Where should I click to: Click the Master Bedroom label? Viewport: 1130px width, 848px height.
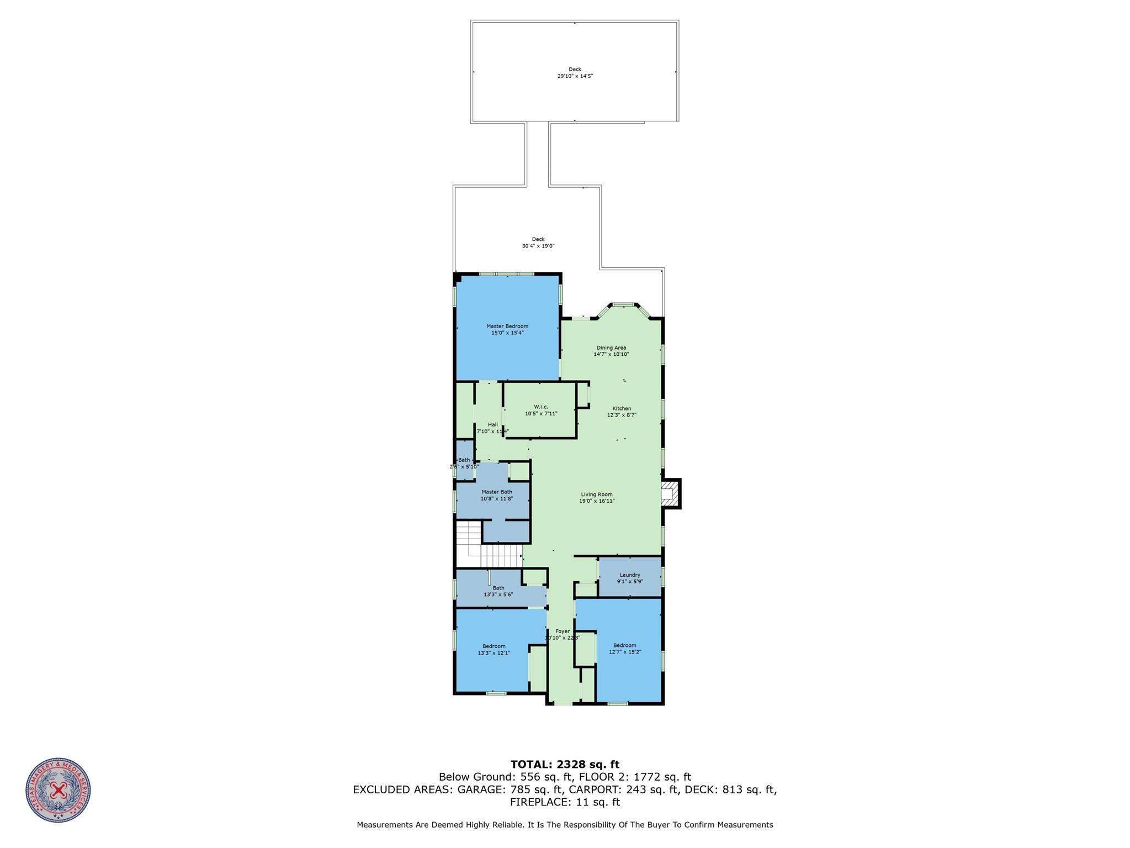click(x=507, y=326)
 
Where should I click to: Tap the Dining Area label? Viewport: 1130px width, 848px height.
click(x=611, y=347)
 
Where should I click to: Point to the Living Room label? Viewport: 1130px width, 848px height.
click(x=597, y=494)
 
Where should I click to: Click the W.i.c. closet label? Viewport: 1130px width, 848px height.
click(x=540, y=407)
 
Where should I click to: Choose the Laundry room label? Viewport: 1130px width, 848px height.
click(x=630, y=575)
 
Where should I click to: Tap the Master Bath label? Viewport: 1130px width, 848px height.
click(x=497, y=492)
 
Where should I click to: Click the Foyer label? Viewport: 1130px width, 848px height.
click(x=563, y=631)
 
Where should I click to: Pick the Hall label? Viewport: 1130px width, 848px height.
click(x=492, y=424)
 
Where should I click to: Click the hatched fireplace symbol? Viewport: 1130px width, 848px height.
click(x=669, y=493)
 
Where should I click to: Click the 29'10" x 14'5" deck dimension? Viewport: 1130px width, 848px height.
click(x=575, y=76)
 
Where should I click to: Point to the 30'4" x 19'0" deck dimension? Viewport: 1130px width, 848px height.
click(x=538, y=246)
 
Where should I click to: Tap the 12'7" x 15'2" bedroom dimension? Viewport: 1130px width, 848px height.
click(x=625, y=652)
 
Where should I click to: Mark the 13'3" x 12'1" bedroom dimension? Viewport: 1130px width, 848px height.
click(x=494, y=653)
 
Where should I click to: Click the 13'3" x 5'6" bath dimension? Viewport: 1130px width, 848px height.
click(x=498, y=594)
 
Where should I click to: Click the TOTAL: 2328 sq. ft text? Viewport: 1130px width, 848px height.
click(x=565, y=765)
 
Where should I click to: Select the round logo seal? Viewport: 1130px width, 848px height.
click(x=58, y=791)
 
